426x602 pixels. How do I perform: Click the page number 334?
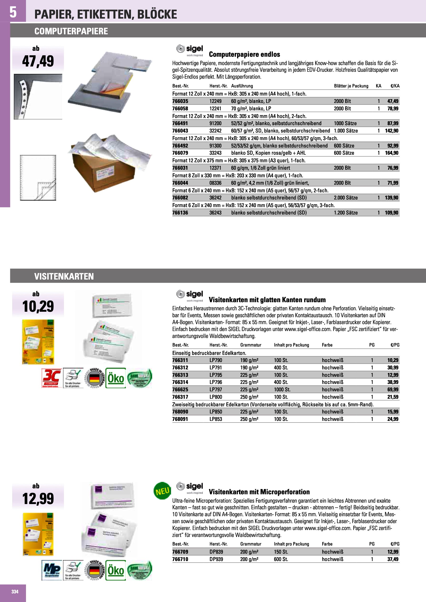pyautogui.click(x=15, y=592)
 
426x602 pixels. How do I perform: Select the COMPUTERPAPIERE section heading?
pyautogui.click(x=71, y=31)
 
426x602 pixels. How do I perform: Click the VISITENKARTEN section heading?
pyautogui.click(x=64, y=276)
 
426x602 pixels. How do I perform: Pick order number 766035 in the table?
pyautogui.click(x=180, y=101)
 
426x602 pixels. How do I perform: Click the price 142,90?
pyautogui.click(x=392, y=131)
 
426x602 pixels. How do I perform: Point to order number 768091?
pyautogui.click(x=180, y=419)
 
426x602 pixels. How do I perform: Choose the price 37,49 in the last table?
pyautogui.click(x=393, y=559)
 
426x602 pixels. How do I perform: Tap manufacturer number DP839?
pyautogui.click(x=216, y=552)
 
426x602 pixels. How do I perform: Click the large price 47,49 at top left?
pyautogui.click(x=38, y=61)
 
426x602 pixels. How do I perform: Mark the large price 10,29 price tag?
pyautogui.click(x=38, y=306)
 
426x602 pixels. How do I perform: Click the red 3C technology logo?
pyautogui.click(x=52, y=378)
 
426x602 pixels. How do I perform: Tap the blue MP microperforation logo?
pyautogui.click(x=52, y=570)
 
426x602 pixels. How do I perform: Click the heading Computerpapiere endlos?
pyautogui.click(x=244, y=55)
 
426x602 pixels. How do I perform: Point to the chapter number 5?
pyautogui.click(x=13, y=12)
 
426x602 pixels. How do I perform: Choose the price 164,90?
pyautogui.click(x=392, y=153)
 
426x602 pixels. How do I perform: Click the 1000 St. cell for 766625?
pyautogui.click(x=282, y=390)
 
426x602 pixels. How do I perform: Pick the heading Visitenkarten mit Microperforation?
pyautogui.click(x=259, y=492)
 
